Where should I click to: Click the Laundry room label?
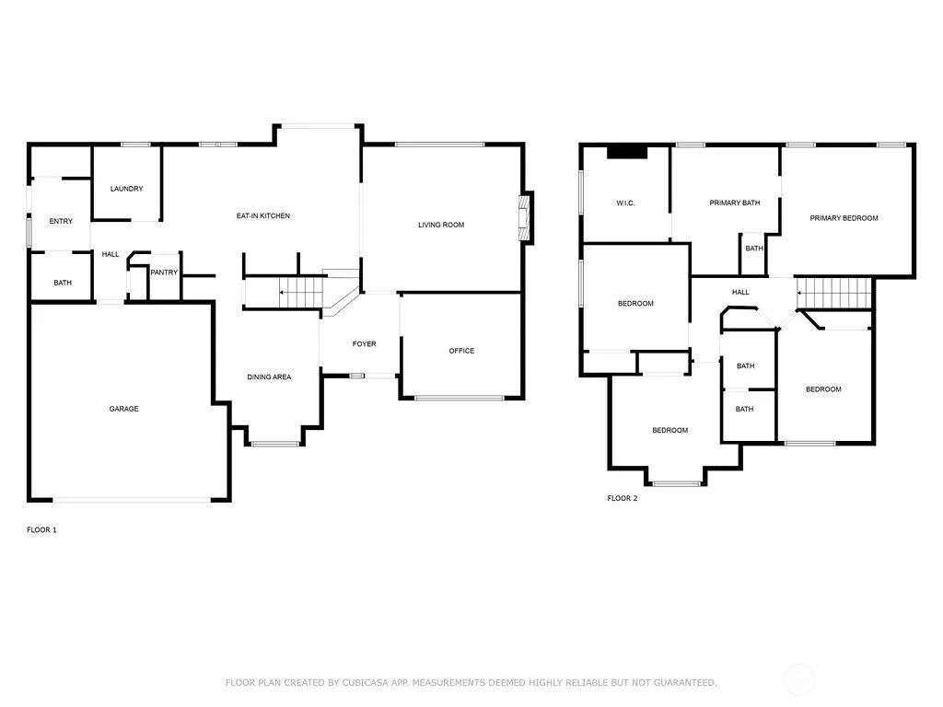tap(126, 189)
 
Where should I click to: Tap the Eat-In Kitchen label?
tap(262, 215)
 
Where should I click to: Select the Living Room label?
tap(441, 225)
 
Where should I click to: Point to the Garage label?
tap(124, 409)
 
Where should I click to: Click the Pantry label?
tap(164, 272)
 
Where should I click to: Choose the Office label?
tap(461, 351)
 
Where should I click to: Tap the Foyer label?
tap(364, 344)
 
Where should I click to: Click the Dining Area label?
tap(269, 377)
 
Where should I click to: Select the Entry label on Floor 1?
tap(61, 221)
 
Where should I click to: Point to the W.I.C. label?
tap(625, 203)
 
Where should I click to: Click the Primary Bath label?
tap(734, 203)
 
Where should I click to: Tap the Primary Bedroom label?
tap(844, 218)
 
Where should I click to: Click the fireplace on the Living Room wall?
tap(527, 217)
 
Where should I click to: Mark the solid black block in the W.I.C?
tap(626, 153)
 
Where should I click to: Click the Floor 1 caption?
tap(41, 529)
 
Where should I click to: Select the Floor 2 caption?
tap(622, 498)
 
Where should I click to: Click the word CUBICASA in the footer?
tap(365, 682)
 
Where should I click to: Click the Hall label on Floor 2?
tap(740, 292)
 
